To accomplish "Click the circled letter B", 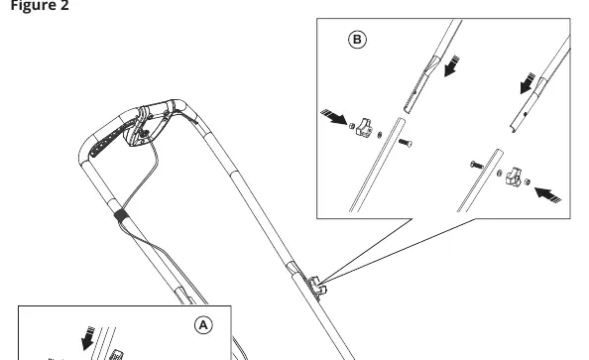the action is click(x=357, y=40).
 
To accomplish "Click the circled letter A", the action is click(x=203, y=325).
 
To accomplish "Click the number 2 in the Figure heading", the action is click(x=63, y=6).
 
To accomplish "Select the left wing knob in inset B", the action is click(x=364, y=127).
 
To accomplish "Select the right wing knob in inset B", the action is click(x=514, y=177).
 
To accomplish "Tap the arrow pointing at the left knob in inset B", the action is click(x=334, y=116).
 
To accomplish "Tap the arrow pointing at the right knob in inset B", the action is click(x=547, y=195).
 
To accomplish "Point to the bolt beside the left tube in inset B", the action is click(x=405, y=143).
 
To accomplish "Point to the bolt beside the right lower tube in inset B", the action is click(x=477, y=165).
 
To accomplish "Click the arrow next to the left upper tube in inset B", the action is click(x=451, y=66).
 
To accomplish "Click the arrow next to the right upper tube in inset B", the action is click(x=528, y=83).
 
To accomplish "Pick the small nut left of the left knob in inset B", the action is click(x=352, y=126).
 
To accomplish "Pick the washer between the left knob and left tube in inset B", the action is click(x=380, y=135).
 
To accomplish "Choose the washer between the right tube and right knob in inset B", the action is click(x=500, y=174).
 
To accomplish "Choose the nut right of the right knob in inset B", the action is click(x=527, y=181).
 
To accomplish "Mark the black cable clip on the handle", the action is click(x=121, y=215).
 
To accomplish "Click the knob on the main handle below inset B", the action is click(x=317, y=288).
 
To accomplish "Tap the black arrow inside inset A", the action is click(x=88, y=338).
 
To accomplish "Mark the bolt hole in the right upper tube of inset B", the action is click(x=526, y=114).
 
